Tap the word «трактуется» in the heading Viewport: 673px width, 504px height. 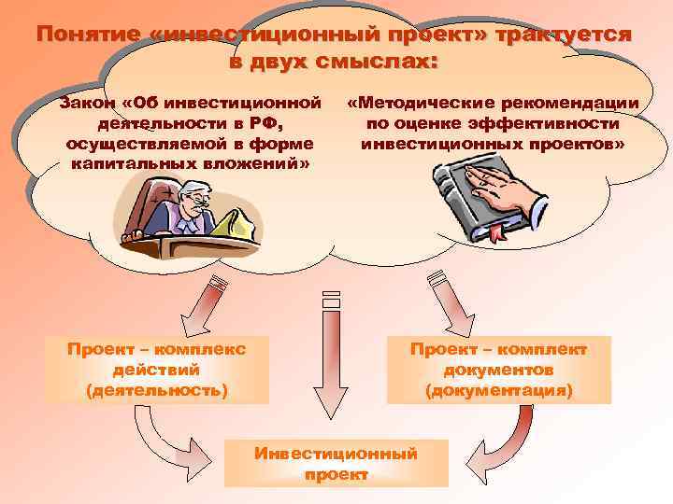click(x=561, y=35)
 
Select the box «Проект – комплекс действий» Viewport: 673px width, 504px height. click(x=157, y=370)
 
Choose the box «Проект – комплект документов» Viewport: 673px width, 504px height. click(x=498, y=370)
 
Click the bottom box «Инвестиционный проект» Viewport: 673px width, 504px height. click(x=336, y=463)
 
